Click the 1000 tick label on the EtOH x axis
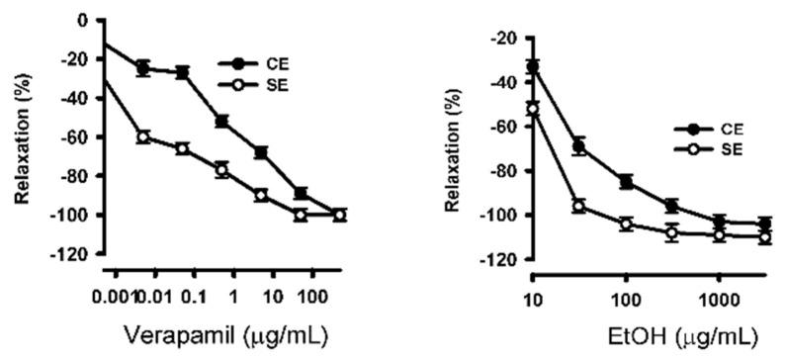click(x=719, y=301)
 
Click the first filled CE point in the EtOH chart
click(x=534, y=67)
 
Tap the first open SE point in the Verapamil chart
click(x=143, y=136)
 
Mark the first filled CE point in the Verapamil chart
click(x=143, y=68)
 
